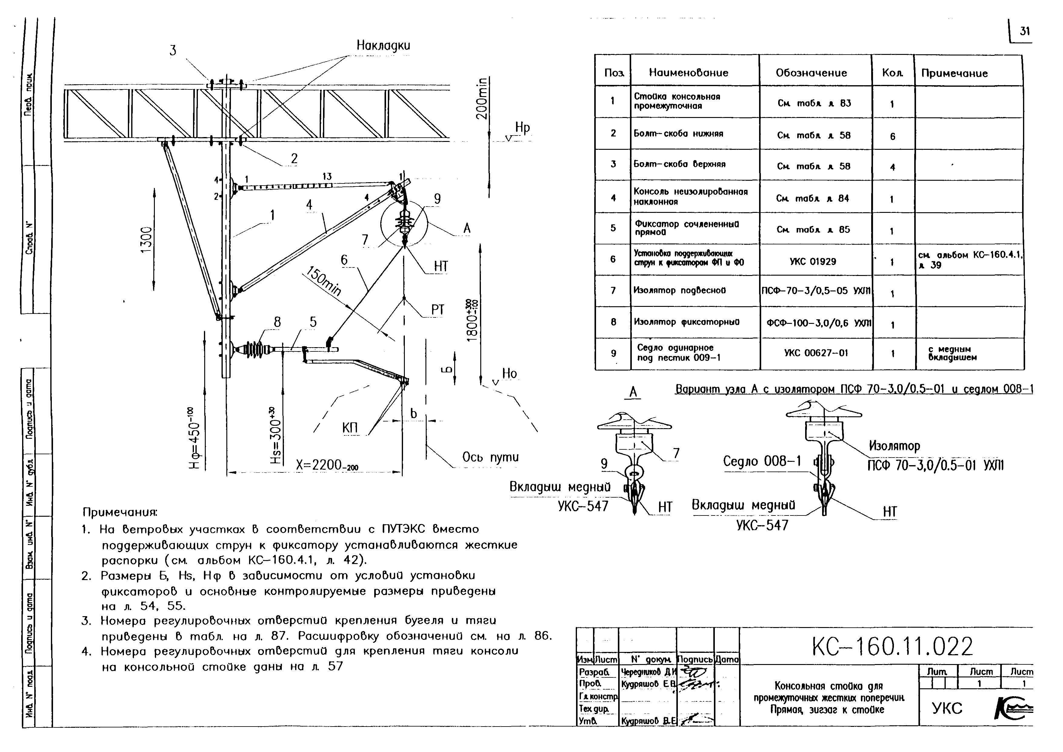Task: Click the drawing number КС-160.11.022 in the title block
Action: [892, 647]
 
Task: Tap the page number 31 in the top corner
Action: [1025, 32]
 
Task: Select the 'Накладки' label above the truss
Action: [383, 45]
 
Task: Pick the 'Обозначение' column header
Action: [811, 73]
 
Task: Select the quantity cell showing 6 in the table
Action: [892, 136]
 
